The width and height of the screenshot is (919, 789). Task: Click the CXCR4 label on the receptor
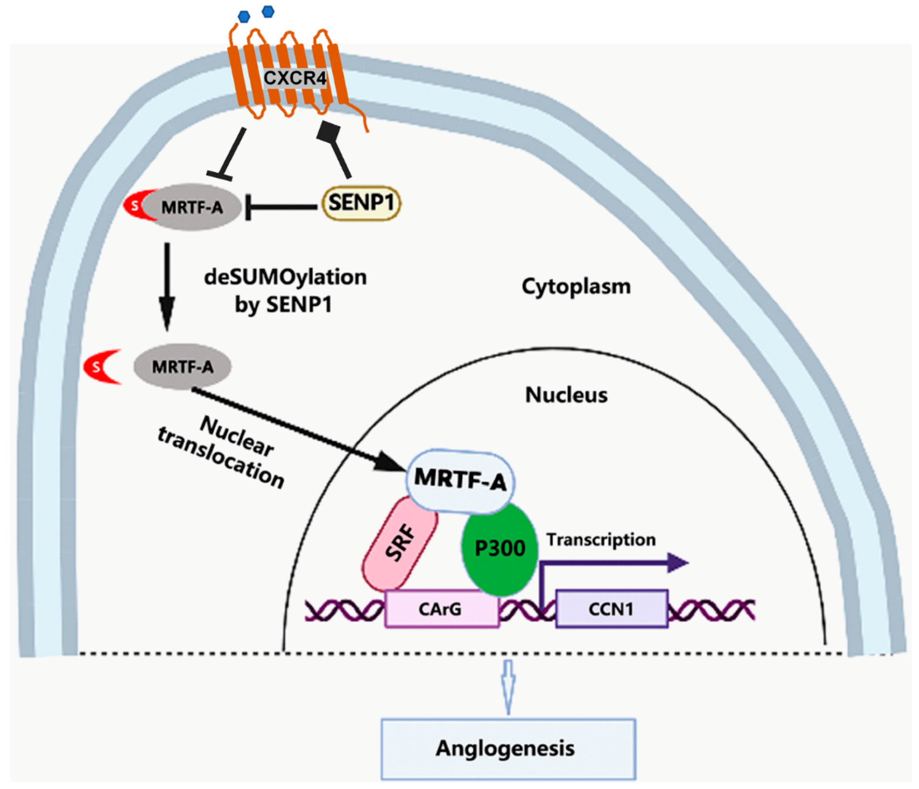tap(295, 79)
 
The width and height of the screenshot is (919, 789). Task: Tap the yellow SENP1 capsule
tap(361, 203)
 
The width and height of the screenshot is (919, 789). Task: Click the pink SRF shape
tap(400, 544)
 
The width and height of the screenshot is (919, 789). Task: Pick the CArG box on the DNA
tap(441, 609)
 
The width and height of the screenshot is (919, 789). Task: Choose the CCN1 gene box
tap(611, 609)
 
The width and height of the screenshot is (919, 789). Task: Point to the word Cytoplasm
tap(576, 287)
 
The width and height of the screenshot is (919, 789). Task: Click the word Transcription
tap(601, 540)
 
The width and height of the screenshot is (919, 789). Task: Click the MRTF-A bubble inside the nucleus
tap(461, 480)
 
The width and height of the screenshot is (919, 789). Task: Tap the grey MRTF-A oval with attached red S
tap(192, 207)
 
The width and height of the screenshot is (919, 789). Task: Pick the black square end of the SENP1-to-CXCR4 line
tap(329, 132)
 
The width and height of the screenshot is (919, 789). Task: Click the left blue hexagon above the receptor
tap(244, 17)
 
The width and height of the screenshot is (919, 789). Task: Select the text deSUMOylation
tap(285, 278)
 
